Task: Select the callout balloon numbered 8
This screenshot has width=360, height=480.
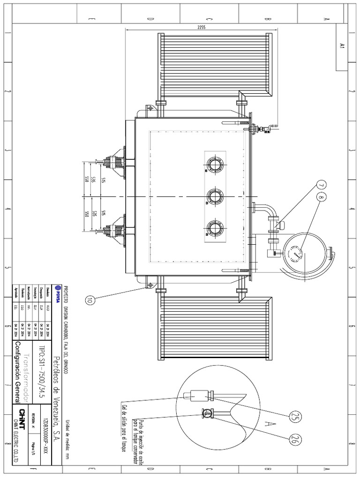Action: pyautogui.click(x=321, y=198)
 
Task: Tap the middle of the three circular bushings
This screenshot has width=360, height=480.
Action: pyautogui.click(x=215, y=195)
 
